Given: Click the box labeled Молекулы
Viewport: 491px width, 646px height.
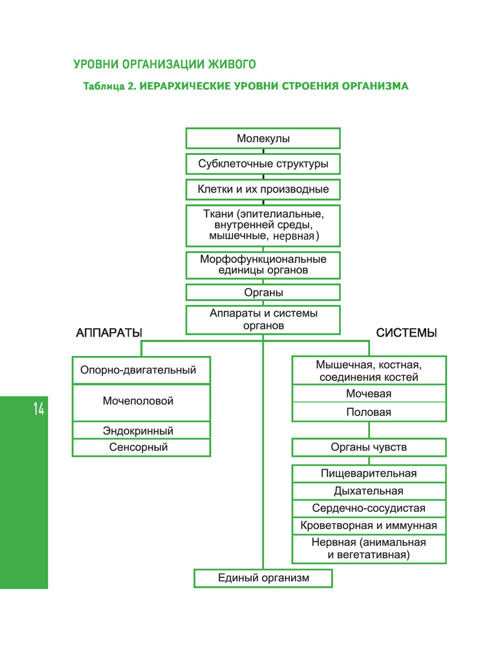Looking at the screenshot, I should pos(263,139).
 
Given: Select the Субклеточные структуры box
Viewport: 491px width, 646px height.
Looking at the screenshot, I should pos(263,164).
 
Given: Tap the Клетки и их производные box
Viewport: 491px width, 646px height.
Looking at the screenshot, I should pos(263,189).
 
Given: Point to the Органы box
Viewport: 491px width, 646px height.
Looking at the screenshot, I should pos(263,293).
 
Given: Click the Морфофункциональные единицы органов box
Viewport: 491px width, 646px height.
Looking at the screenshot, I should pos(263,265).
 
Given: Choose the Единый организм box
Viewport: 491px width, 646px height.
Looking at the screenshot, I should pos(263,578).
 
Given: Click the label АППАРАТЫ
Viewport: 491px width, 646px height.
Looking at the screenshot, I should pos(109,333).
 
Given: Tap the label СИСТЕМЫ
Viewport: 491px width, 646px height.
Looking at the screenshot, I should pos(406,333).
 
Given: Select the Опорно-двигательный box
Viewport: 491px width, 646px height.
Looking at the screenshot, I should pos(141,371).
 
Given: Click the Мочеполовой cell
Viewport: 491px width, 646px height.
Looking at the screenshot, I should pos(141,402).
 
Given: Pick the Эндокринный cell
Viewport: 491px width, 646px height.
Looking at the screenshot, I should pos(141,431).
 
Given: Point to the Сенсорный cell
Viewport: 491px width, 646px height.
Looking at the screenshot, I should pos(141,447).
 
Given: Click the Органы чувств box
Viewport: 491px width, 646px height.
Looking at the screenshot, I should pos(369,447).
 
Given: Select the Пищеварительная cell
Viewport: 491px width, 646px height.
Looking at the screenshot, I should pos(369,474).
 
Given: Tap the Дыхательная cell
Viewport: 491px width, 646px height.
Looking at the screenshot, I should pos(369,491).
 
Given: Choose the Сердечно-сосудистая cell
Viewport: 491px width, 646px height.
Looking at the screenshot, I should pos(369,508).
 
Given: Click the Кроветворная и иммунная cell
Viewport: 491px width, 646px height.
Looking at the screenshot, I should pos(369,526).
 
